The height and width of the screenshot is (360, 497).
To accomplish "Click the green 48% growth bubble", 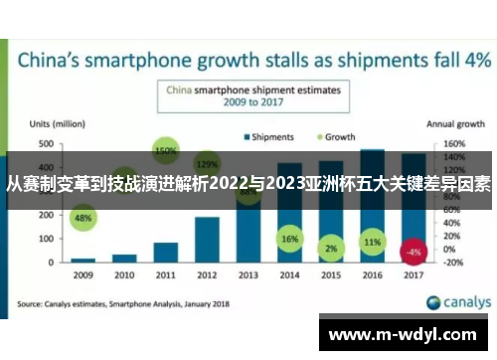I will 83,217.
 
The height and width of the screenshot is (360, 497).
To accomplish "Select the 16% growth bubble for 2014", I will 289,240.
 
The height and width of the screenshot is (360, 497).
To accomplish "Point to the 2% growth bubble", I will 331,249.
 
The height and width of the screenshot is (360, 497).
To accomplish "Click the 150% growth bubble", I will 166,151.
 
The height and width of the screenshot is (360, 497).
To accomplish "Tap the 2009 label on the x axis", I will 83,275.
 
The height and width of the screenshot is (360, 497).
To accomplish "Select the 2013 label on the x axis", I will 248,275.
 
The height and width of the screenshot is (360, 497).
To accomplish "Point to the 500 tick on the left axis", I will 47,144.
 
